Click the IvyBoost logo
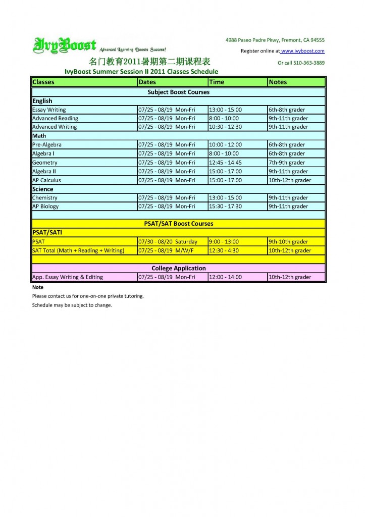pos(64,45)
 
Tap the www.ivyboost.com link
pos(302,51)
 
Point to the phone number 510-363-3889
pos(307,63)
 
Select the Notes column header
pos(278,82)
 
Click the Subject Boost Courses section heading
pos(178,92)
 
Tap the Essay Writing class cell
pos(49,110)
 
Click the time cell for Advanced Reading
pos(224,118)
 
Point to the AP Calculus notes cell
pos(290,180)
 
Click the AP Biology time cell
pos(225,206)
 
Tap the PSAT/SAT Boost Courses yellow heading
pos(178,224)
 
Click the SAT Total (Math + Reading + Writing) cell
pos(78,250)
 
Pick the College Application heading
pos(178,268)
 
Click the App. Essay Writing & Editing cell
pos(68,277)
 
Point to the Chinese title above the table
pos(149,63)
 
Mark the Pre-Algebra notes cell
pos(287,145)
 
